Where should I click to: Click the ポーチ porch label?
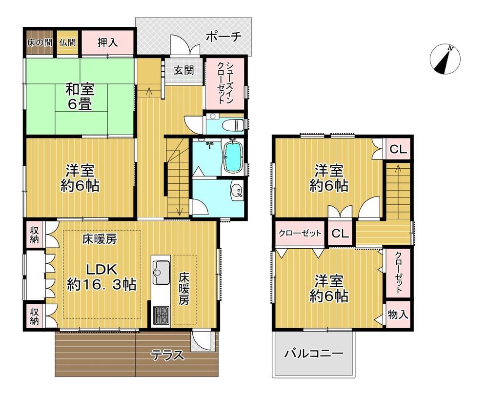pos(224,37)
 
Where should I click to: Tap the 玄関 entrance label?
pos(183,70)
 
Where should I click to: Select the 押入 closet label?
pos(108,42)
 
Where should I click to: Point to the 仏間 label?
pos(67,42)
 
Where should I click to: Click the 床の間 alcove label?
pos(40,42)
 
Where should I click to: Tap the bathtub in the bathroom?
pos(233,157)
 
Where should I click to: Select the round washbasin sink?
pos(237,190)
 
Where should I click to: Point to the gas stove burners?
pos(161,315)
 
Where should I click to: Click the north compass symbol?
pos(445,59)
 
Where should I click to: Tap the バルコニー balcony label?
pos(314,354)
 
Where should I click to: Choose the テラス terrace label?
pos(168,355)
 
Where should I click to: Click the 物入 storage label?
pos(398,315)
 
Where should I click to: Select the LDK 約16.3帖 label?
pos(102,276)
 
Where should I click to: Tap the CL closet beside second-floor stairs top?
pos(398,150)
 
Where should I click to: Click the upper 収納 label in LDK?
pos(34,235)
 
